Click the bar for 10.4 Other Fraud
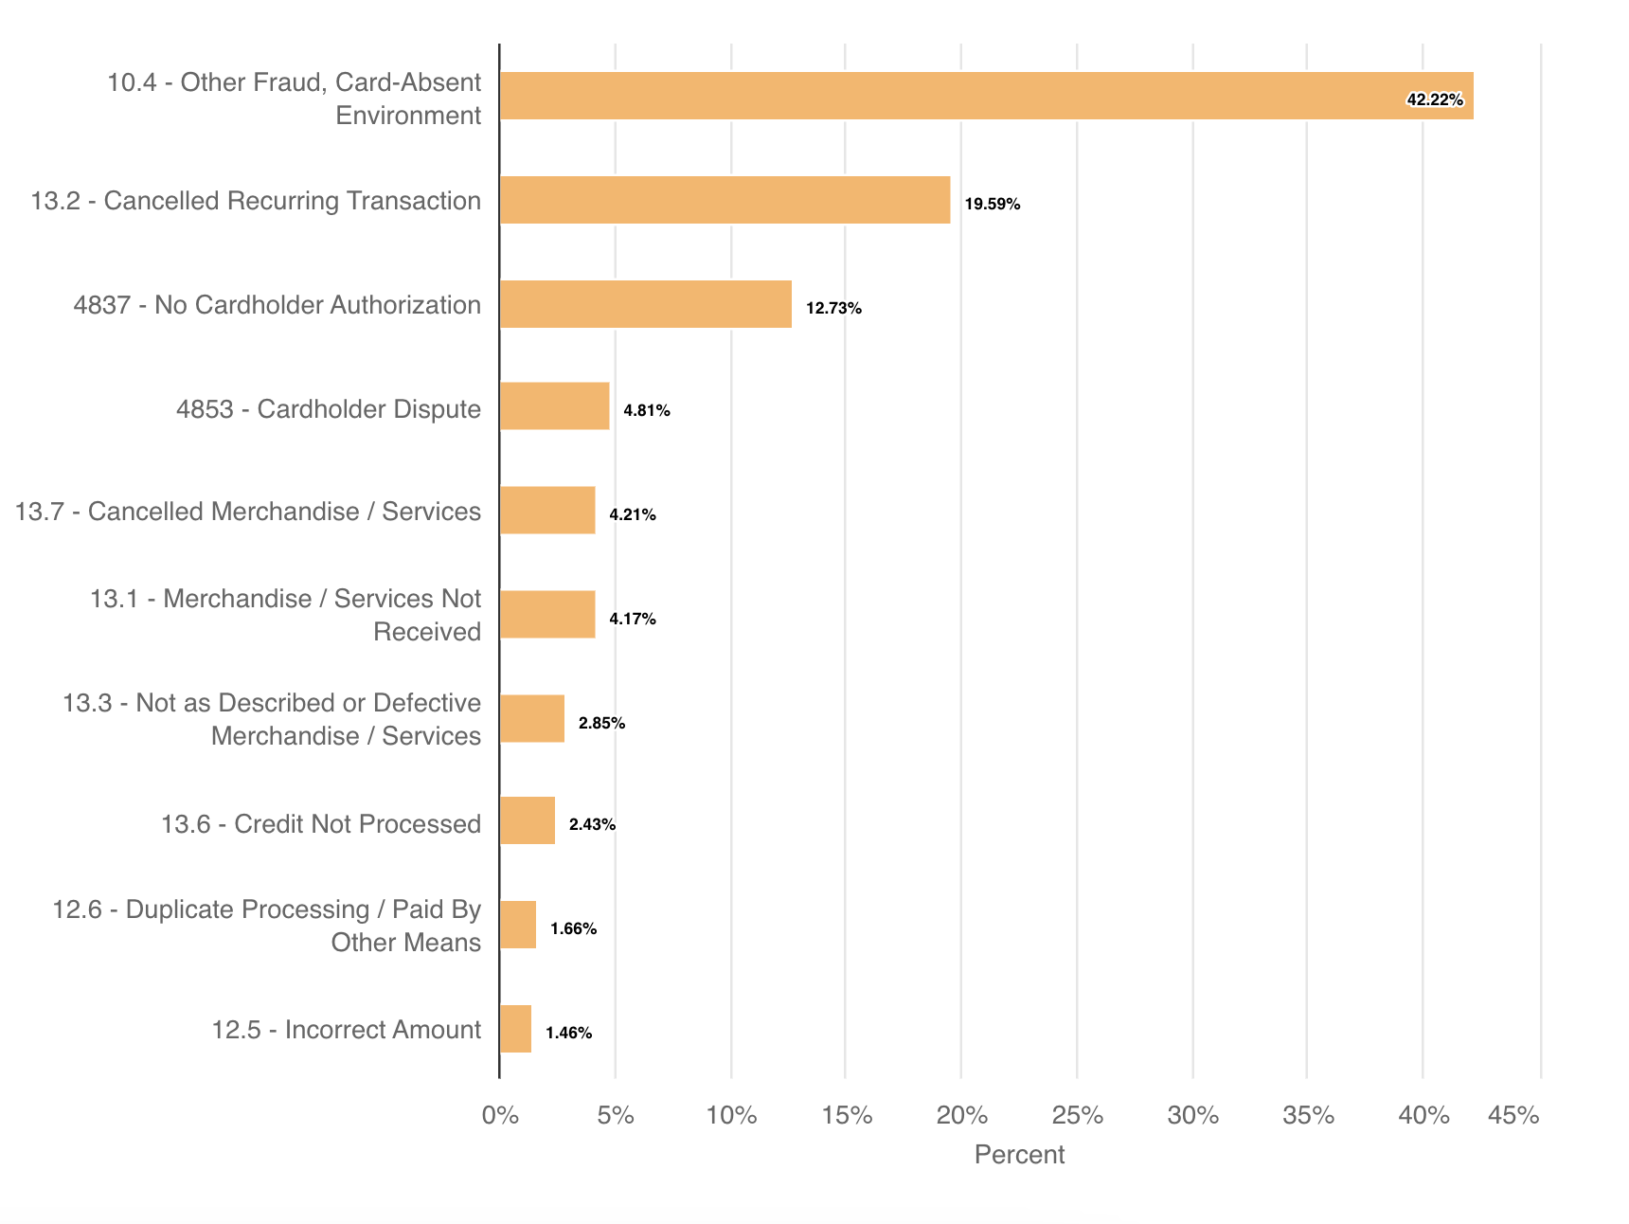[x=985, y=96]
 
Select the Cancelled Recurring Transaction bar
[x=725, y=200]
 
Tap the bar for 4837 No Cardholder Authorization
[x=645, y=304]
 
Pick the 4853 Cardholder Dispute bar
[x=554, y=406]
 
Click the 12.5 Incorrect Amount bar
[x=515, y=1029]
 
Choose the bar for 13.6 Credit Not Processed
[x=527, y=820]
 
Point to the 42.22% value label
[x=1435, y=99]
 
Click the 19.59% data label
[x=993, y=204]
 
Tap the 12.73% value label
[x=833, y=308]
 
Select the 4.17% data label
[x=633, y=619]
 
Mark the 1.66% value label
[x=573, y=928]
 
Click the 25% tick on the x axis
[x=1078, y=1115]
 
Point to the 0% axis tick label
[x=500, y=1115]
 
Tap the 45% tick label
[x=1513, y=1115]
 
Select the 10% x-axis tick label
[x=731, y=1115]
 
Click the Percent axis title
[x=1019, y=1154]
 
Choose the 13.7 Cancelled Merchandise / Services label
[x=248, y=512]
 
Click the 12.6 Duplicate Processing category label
[x=267, y=926]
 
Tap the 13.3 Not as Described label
[x=272, y=719]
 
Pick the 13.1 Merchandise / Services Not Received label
[x=285, y=615]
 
